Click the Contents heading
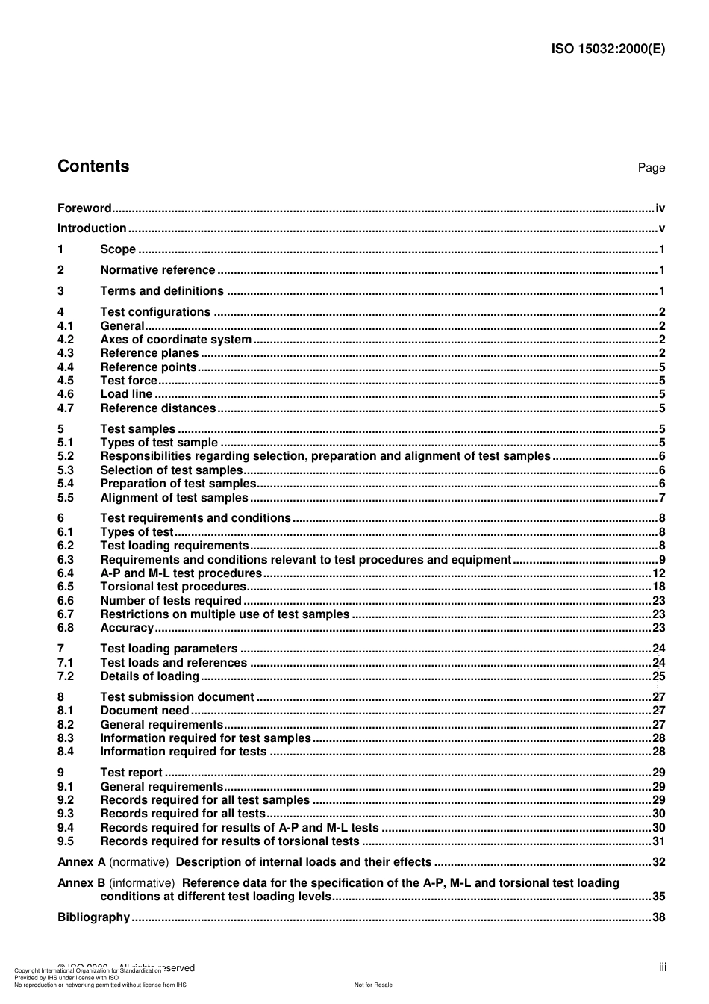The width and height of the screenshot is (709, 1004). click(x=93, y=166)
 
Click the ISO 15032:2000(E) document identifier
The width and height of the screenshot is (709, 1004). click(x=608, y=49)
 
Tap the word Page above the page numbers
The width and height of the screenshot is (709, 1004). click(x=651, y=168)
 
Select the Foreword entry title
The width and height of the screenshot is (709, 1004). click(x=84, y=208)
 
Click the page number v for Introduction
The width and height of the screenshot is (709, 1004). click(x=661, y=228)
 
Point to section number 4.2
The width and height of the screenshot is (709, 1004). click(x=66, y=340)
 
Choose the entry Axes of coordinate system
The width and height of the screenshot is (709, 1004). click(x=175, y=340)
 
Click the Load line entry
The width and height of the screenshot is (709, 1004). click(x=126, y=394)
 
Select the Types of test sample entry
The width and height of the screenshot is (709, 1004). click(x=159, y=443)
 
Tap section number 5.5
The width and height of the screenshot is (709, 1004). click(x=66, y=498)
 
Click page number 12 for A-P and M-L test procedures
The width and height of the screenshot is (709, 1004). click(x=658, y=573)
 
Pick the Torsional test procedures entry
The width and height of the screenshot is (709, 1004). click(x=172, y=587)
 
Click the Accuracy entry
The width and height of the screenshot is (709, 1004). click(x=127, y=628)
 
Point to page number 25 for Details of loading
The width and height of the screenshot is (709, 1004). click(x=658, y=676)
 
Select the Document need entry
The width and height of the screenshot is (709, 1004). click(x=145, y=711)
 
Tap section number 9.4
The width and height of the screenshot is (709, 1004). click(x=66, y=828)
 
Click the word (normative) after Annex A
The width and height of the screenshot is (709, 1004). click(x=139, y=862)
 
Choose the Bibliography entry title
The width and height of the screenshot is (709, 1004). click(x=93, y=917)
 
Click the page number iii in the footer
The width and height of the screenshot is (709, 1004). click(x=662, y=967)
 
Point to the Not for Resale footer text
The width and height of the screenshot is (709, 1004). click(x=373, y=985)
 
